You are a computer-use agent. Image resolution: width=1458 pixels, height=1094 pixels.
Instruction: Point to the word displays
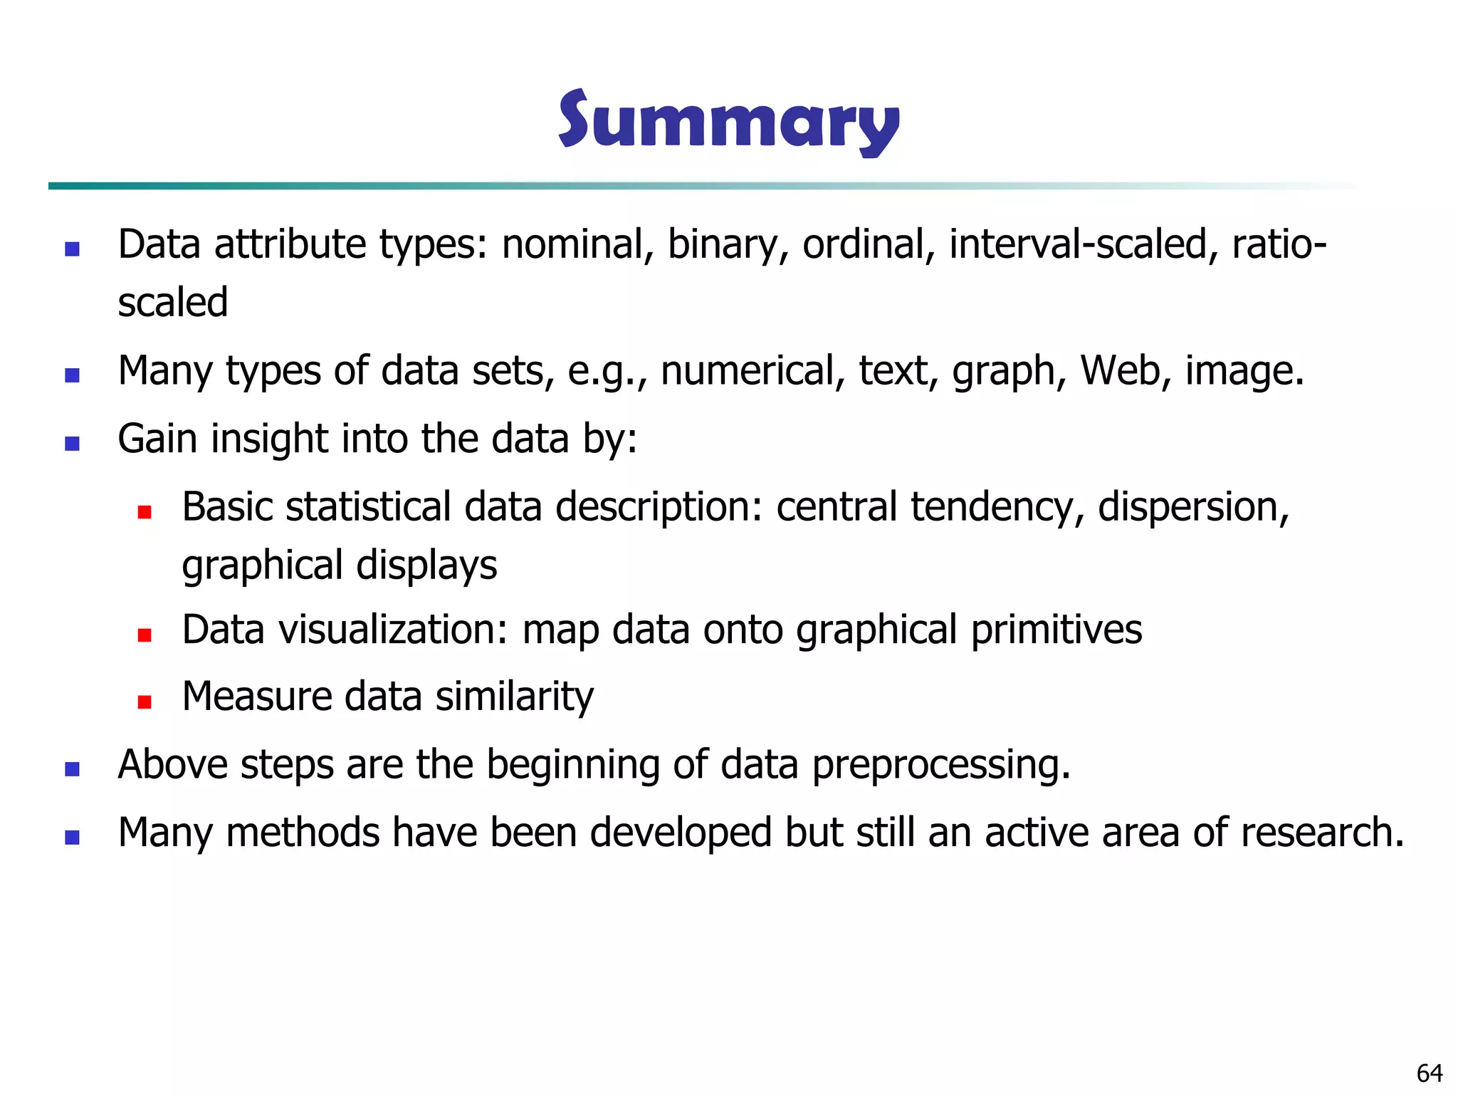pos(426,566)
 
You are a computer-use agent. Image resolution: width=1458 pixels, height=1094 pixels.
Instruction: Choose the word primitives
pos(1056,630)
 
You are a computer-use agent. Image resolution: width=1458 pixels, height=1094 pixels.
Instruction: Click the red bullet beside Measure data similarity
pos(145,702)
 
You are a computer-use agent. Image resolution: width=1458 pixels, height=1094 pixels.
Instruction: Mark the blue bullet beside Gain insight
pos(72,444)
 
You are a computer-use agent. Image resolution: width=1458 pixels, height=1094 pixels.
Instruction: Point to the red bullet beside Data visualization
pos(145,635)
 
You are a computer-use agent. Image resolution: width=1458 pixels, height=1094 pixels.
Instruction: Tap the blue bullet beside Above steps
pos(72,769)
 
